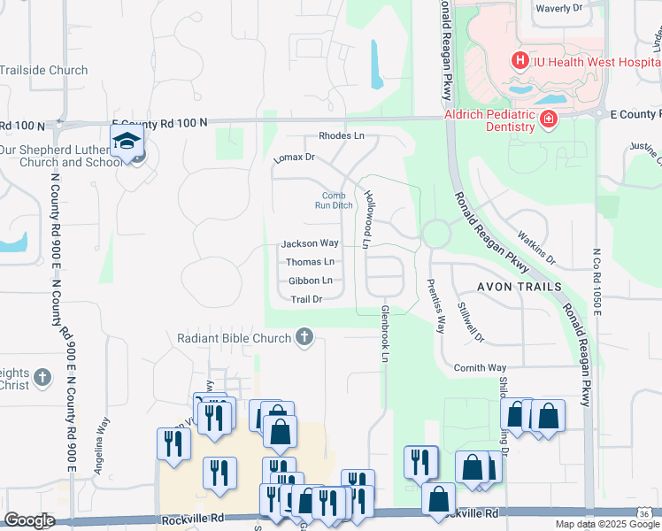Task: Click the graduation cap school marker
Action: (x=127, y=142)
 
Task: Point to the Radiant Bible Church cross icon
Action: (x=305, y=338)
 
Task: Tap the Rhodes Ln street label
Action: (x=342, y=136)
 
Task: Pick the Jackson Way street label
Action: (x=310, y=243)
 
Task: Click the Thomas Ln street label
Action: (x=310, y=262)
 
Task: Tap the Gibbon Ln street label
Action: (x=310, y=281)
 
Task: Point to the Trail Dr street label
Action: (x=306, y=299)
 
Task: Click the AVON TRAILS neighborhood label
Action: (x=519, y=287)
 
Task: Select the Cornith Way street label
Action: (x=480, y=367)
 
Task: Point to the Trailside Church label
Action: (x=44, y=70)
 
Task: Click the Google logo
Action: (x=29, y=520)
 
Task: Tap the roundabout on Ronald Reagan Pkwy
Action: (x=435, y=235)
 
